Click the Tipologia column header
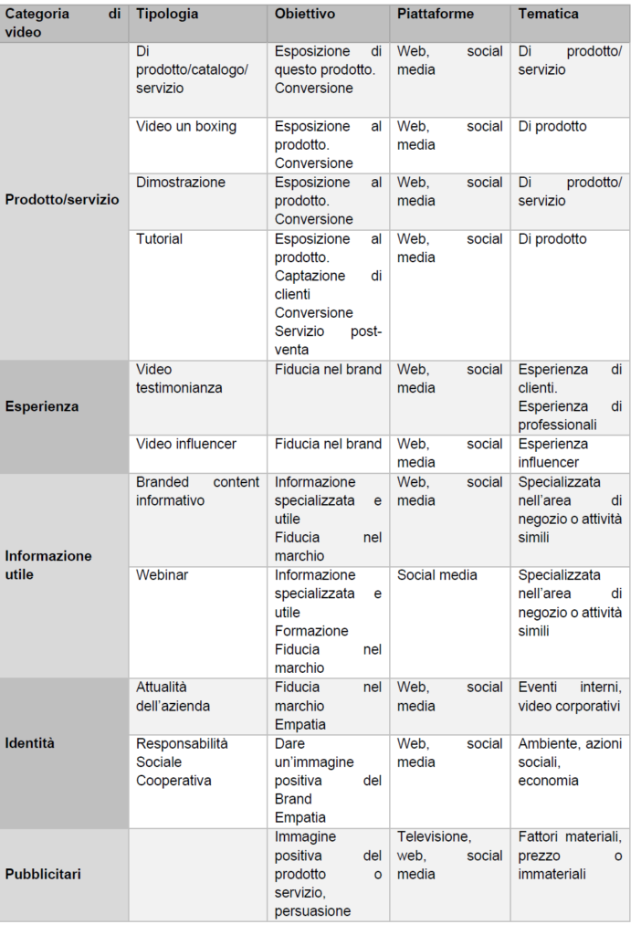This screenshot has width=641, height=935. [167, 15]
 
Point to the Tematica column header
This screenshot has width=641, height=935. [548, 15]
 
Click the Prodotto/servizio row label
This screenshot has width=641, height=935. [62, 200]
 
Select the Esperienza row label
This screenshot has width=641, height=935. [42, 406]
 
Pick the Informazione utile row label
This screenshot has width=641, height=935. [49, 565]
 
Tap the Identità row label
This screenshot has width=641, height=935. [30, 743]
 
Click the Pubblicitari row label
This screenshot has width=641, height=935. [43, 874]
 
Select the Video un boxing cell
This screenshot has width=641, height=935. [186, 126]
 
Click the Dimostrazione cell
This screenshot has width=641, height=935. [181, 183]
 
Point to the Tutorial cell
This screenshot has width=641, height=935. [160, 239]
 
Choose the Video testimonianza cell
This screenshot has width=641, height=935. [180, 379]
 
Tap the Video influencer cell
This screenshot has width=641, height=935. [186, 444]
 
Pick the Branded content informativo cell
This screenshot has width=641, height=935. [197, 491]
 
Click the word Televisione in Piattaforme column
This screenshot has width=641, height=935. [434, 837]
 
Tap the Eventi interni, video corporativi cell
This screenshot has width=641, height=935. [569, 697]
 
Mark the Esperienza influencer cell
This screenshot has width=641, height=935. [553, 453]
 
